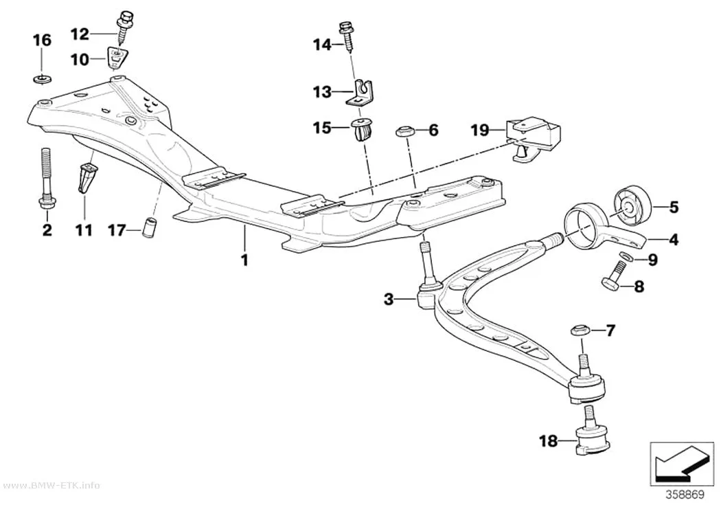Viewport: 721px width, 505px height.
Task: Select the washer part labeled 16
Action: click(x=43, y=79)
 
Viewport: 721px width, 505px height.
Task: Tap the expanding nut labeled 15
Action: click(x=361, y=129)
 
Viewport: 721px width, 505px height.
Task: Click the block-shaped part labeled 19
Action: click(x=534, y=137)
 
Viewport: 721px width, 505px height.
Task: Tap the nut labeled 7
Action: click(x=581, y=330)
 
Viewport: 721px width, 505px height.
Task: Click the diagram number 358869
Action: click(x=685, y=495)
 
